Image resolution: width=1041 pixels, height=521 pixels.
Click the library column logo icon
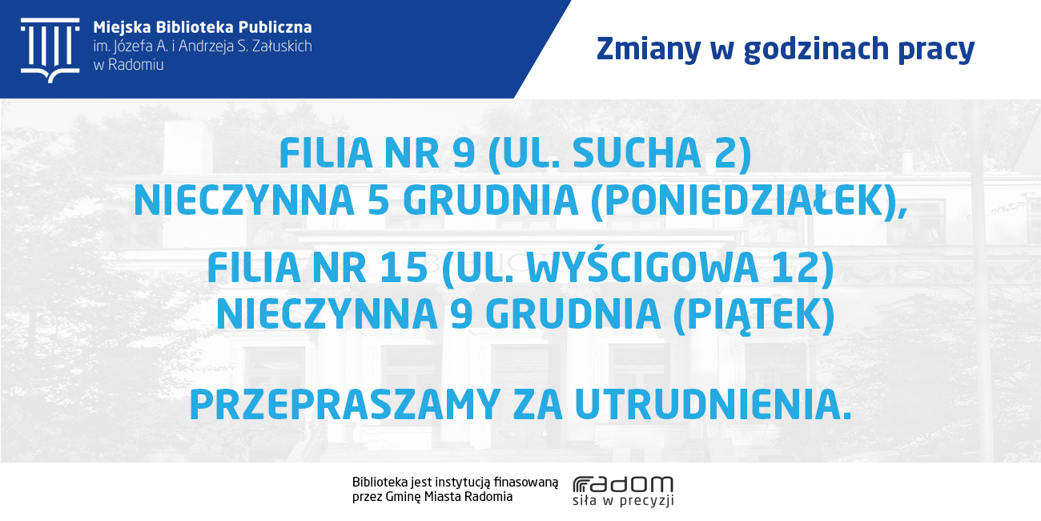click(50, 50)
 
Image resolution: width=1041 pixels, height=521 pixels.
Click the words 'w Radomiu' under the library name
click(128, 65)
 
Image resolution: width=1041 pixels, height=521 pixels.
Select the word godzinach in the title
click(816, 49)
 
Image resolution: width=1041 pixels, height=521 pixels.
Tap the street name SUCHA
click(637, 153)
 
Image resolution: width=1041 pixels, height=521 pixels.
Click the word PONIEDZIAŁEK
click(742, 200)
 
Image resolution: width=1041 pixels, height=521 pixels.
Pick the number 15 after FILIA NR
click(404, 268)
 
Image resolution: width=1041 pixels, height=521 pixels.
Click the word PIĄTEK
click(754, 315)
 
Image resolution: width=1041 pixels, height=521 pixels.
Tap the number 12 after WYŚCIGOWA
click(795, 268)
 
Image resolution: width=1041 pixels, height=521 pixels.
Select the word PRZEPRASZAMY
click(345, 405)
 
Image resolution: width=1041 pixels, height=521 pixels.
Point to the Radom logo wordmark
click(623, 484)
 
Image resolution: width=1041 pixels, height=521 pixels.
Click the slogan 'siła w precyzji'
click(623, 500)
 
